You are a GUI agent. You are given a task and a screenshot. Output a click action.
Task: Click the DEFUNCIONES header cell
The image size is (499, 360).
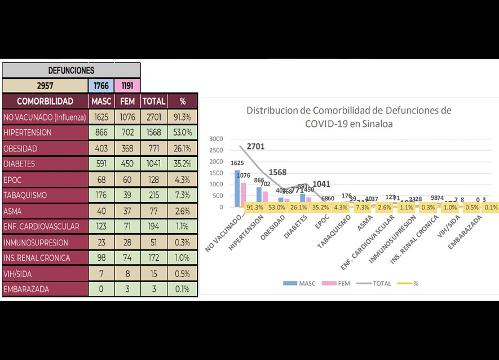click(71, 71)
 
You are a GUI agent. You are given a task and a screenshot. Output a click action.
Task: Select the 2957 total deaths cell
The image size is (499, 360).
click(45, 86)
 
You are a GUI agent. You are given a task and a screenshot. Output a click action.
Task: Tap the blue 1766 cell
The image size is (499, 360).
click(101, 86)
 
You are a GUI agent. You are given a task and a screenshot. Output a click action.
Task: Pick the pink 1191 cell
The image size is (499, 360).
click(127, 86)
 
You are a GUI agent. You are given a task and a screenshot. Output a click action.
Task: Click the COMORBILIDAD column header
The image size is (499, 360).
click(45, 102)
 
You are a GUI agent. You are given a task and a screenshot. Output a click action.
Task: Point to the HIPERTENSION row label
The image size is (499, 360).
click(45, 133)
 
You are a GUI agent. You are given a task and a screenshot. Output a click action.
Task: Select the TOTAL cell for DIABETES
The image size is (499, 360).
click(153, 164)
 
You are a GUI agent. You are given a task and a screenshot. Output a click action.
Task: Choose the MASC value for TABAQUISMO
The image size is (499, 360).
click(101, 195)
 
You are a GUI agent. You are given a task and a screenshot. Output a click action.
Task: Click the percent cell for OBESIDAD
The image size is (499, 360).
click(183, 148)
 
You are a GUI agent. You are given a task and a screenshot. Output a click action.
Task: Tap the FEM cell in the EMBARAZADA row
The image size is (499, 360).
click(127, 289)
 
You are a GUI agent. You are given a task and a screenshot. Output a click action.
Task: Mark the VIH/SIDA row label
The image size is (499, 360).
click(45, 274)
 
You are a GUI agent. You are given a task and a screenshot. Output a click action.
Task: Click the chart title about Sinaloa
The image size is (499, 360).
click(348, 117)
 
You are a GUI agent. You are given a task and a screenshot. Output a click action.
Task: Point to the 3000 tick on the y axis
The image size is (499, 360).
click(216, 139)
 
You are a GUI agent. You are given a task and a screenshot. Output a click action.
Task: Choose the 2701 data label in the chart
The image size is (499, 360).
click(254, 147)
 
